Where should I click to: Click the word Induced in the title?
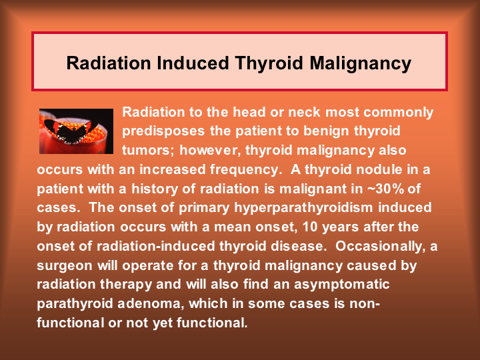(x=193, y=63)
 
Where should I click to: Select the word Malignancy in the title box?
(x=360, y=64)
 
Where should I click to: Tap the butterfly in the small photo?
(x=71, y=131)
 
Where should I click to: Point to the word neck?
(x=304, y=112)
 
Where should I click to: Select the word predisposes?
(x=163, y=131)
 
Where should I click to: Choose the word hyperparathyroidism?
(x=303, y=208)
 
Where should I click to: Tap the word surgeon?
(x=65, y=266)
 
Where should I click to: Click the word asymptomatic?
(x=341, y=285)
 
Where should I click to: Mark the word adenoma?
(x=151, y=304)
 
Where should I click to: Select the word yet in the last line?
(x=162, y=323)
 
